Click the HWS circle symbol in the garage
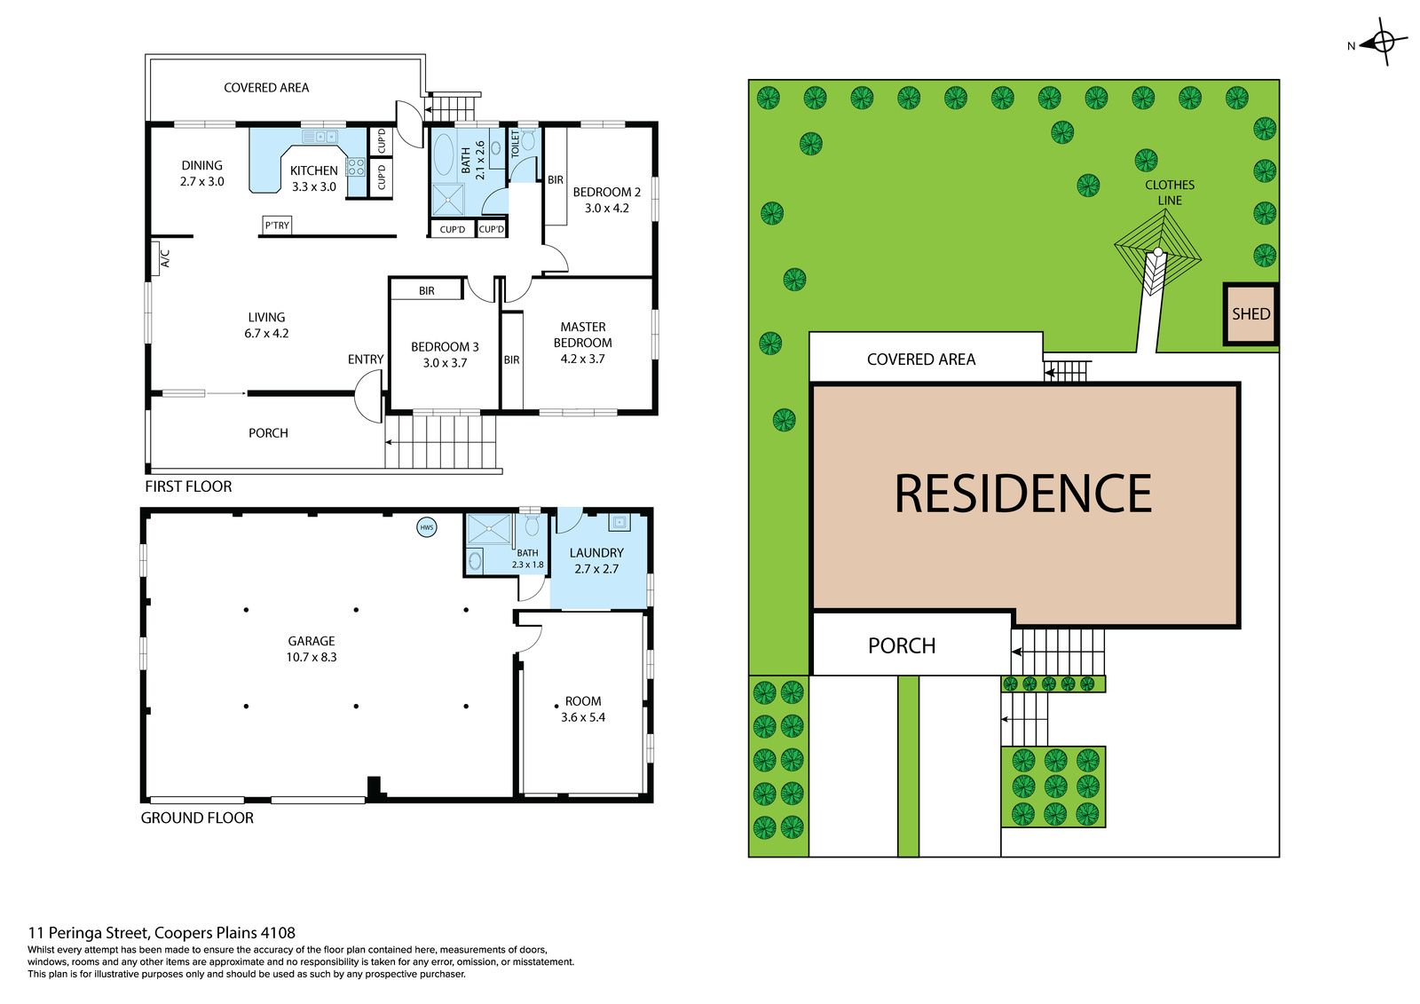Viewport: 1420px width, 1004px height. [x=427, y=527]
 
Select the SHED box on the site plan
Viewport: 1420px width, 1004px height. [x=1250, y=314]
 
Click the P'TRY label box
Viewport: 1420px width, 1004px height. [x=277, y=225]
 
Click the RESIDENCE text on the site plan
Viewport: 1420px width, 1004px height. [x=1023, y=494]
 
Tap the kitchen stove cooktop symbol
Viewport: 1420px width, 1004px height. [x=356, y=167]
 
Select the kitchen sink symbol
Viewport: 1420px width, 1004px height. [x=320, y=137]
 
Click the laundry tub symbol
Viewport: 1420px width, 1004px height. [x=619, y=523]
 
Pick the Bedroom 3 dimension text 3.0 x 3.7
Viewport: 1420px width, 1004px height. [x=445, y=363]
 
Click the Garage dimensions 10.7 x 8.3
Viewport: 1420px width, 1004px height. [x=312, y=657]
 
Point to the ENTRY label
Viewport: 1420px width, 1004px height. [x=366, y=360]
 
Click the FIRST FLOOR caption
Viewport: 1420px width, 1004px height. [x=188, y=486]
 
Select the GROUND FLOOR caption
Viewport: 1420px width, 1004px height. [x=197, y=818]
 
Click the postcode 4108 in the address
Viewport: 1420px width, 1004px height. [x=278, y=932]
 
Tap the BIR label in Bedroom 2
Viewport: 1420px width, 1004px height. [x=556, y=180]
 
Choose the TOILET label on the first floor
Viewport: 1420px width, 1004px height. [x=516, y=143]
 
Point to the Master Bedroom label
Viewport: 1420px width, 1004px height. [x=582, y=335]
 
